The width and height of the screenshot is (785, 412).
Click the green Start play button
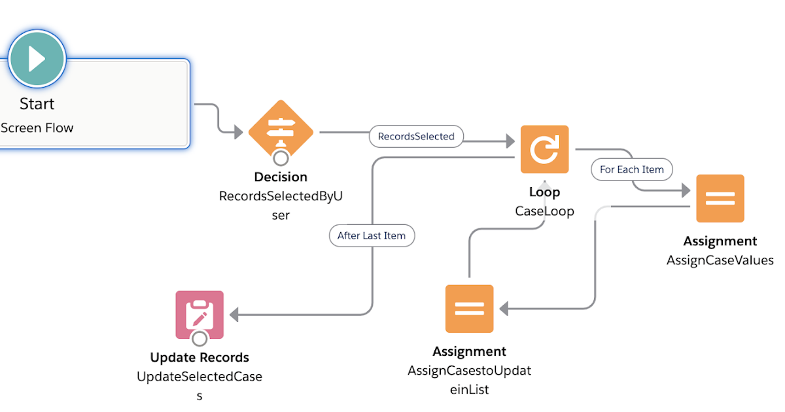point(37,59)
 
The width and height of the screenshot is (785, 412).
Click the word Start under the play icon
point(37,103)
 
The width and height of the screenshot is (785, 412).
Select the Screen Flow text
point(37,128)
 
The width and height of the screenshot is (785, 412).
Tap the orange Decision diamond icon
point(281,131)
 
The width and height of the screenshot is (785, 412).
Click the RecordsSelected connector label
point(416,137)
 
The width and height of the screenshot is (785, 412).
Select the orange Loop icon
point(544,150)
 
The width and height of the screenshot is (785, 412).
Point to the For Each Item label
point(631,169)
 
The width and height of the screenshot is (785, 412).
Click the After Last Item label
point(372,235)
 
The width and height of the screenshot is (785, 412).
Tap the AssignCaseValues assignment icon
point(720,198)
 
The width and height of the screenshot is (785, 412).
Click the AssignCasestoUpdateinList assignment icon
point(469,309)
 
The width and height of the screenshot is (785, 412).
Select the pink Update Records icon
point(200,314)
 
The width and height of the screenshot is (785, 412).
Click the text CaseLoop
point(544,211)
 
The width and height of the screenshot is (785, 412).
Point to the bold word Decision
point(281,177)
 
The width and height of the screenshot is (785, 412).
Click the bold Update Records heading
point(200,358)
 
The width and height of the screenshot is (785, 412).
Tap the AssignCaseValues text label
point(720,260)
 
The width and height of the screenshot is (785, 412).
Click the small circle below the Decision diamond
point(281,158)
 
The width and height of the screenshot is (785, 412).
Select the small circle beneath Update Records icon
point(200,338)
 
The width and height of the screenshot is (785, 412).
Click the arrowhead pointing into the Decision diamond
point(239,132)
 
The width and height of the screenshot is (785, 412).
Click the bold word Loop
point(544,192)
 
